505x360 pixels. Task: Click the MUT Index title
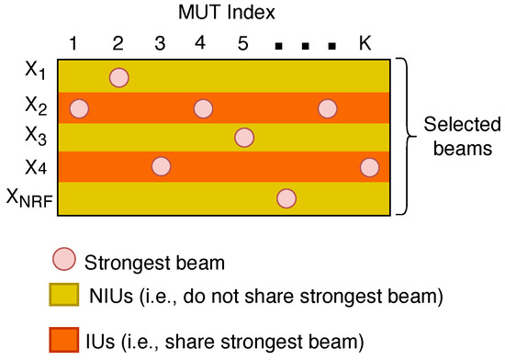click(227, 13)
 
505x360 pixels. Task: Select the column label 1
click(73, 43)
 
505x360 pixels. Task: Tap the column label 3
click(160, 43)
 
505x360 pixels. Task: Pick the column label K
click(365, 43)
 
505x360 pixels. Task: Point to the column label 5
click(243, 43)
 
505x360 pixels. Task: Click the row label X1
click(36, 71)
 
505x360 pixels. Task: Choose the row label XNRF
click(29, 197)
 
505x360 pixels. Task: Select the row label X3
click(36, 135)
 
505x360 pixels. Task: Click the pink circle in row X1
click(119, 78)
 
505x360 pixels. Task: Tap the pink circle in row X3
click(244, 138)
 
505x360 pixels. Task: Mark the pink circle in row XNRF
click(286, 198)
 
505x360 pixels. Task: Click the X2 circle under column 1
click(79, 108)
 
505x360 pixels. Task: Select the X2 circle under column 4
click(203, 108)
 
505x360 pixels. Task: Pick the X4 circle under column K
click(369, 167)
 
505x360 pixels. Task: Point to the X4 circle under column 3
click(161, 166)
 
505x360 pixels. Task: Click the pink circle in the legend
click(64, 259)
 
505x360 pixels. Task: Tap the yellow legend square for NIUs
click(64, 294)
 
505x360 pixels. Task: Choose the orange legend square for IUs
click(64, 340)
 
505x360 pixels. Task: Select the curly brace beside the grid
click(407, 136)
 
